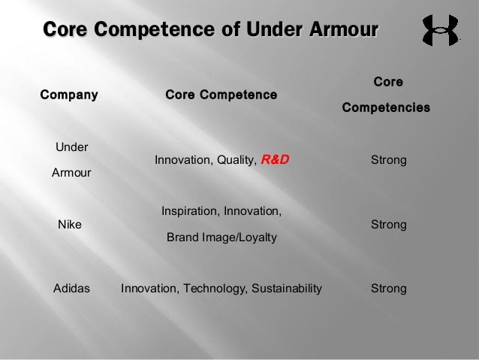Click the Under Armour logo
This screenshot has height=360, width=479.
click(440, 31)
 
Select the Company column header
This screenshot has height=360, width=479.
click(69, 95)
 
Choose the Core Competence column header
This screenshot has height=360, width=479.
click(221, 95)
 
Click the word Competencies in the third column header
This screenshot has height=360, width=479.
click(386, 108)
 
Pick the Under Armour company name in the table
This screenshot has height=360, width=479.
click(71, 160)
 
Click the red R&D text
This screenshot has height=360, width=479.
click(275, 160)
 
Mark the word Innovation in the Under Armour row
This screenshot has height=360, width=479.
click(182, 160)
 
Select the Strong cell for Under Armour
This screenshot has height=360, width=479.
click(389, 160)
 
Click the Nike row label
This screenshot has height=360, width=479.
click(71, 225)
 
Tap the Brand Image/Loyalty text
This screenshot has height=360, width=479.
click(221, 237)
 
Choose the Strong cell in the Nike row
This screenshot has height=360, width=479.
click(389, 225)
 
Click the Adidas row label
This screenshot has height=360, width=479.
click(71, 289)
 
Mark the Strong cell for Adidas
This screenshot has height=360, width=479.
click(389, 289)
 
